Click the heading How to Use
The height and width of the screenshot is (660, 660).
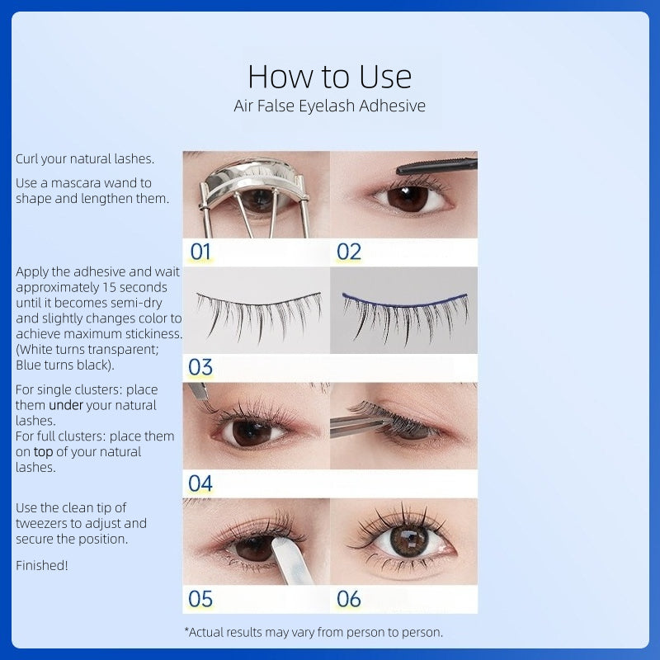pos(329,77)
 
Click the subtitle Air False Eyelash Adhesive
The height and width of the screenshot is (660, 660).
pos(329,106)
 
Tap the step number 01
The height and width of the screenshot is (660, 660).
pos(200,252)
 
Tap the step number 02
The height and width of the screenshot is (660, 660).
pos(349,252)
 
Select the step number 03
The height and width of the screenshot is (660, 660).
pos(200,367)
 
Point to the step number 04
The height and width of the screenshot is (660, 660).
pos(200,483)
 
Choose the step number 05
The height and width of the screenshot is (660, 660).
pos(200,599)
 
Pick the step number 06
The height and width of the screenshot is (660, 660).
pos(349,599)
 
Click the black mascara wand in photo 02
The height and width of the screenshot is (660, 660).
pos(437,166)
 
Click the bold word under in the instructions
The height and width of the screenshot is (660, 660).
pos(66,405)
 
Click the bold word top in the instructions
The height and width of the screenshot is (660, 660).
pos(42,451)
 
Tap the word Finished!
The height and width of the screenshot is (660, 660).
pos(42,565)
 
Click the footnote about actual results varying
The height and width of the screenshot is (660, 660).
pos(313,632)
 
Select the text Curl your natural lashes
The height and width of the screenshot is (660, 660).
pos(85,158)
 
